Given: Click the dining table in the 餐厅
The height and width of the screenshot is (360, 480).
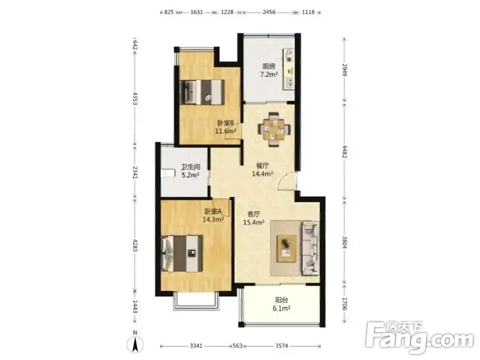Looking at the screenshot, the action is pyautogui.click(x=274, y=130).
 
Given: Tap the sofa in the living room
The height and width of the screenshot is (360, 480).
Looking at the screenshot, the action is pyautogui.click(x=310, y=248).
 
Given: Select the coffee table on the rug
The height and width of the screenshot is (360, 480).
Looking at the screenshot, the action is pyautogui.click(x=287, y=248).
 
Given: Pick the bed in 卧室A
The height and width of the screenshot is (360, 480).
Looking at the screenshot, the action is pyautogui.click(x=182, y=253).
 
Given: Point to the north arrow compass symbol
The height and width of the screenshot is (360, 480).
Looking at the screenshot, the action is pyautogui.click(x=135, y=343).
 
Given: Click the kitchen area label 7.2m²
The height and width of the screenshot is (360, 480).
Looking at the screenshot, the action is pyautogui.click(x=269, y=74).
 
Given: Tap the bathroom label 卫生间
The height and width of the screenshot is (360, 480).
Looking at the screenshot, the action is pyautogui.click(x=190, y=167).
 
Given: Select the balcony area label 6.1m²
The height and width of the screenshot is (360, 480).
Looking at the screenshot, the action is pyautogui.click(x=281, y=308).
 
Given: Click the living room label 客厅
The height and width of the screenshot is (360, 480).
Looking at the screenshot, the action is pyautogui.click(x=254, y=214).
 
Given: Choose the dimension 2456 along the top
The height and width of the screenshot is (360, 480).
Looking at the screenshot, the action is pyautogui.click(x=269, y=12).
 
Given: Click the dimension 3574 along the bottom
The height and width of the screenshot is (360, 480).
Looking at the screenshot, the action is pyautogui.click(x=281, y=346).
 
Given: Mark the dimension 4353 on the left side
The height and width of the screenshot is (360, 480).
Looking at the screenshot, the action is pyautogui.click(x=135, y=98).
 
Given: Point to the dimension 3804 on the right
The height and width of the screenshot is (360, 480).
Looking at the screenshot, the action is pyautogui.click(x=344, y=242).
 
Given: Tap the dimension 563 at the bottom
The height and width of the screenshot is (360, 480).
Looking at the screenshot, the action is pyautogui.click(x=238, y=346).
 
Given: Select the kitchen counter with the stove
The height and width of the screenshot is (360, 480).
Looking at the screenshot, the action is pyautogui.click(x=289, y=69).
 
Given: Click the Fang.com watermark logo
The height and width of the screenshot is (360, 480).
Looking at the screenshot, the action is pyautogui.click(x=419, y=337).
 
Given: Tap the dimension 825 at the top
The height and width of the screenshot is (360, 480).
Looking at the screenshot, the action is pyautogui.click(x=169, y=12).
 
